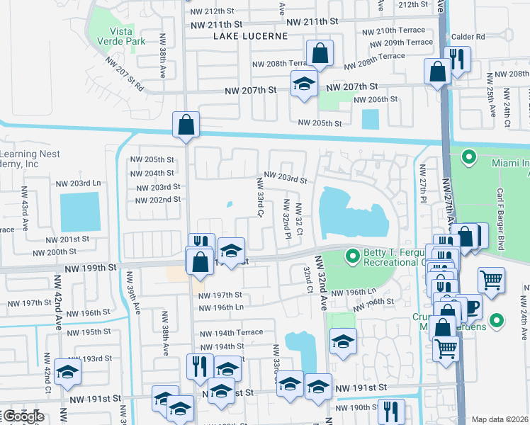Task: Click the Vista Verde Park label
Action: (x=127, y=35)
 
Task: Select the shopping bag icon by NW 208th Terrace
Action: (x=320, y=53)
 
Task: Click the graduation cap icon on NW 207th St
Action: (x=304, y=84)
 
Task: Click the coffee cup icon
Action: (x=470, y=308)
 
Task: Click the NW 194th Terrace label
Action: (x=231, y=333)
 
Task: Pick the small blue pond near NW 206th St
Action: (x=370, y=119)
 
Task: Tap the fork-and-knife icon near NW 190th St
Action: (x=390, y=411)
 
